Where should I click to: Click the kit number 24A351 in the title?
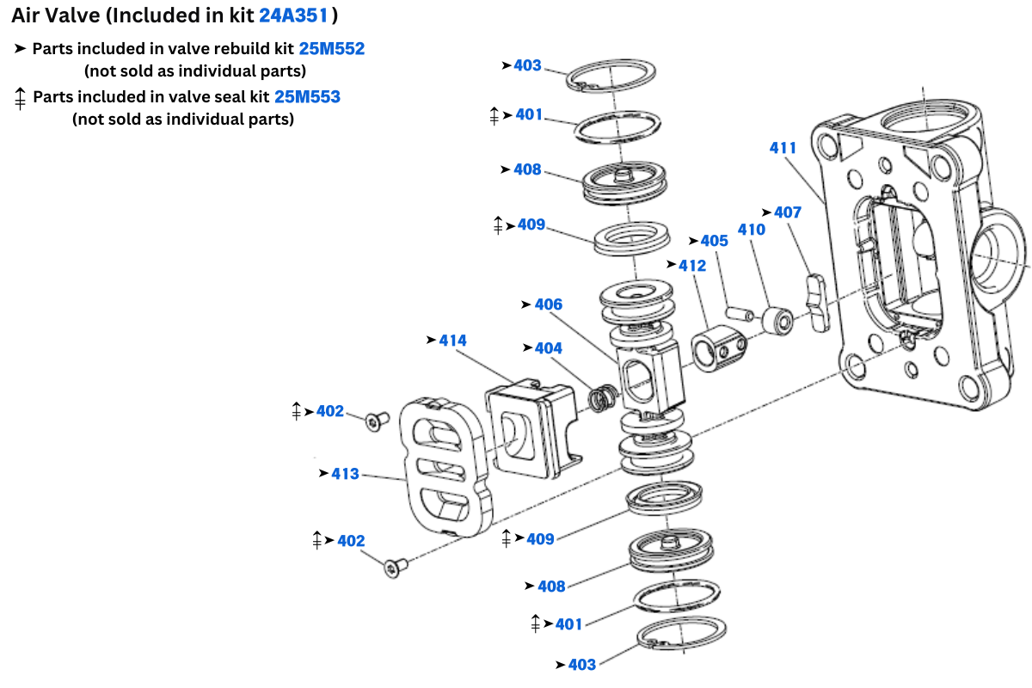click(294, 15)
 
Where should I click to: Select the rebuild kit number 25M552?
click(331, 49)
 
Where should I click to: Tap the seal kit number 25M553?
click(307, 97)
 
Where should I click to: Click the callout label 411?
click(783, 148)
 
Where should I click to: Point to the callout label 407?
click(788, 212)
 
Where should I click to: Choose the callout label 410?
click(752, 230)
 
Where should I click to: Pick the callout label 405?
click(714, 241)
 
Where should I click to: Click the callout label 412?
click(692, 266)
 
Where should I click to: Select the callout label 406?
click(548, 304)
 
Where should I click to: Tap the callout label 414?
click(452, 341)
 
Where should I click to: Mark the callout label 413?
click(345, 474)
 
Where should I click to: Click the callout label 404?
click(548, 348)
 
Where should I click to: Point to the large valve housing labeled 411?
click(920, 258)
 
